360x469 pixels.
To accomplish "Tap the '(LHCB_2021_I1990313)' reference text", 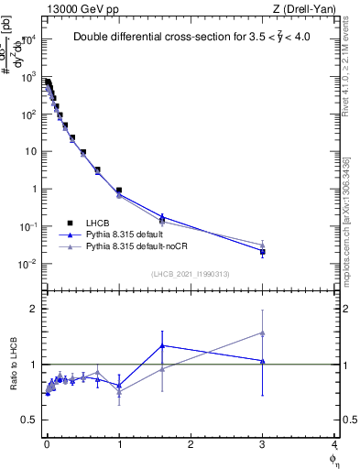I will [190, 274].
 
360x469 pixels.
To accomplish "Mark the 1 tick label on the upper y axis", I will [31, 190].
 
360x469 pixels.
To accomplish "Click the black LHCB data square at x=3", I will [263, 251].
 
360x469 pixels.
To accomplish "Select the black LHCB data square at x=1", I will [119, 191].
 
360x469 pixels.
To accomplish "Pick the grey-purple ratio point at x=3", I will [263, 333].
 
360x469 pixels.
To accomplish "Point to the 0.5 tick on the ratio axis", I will [27, 420].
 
